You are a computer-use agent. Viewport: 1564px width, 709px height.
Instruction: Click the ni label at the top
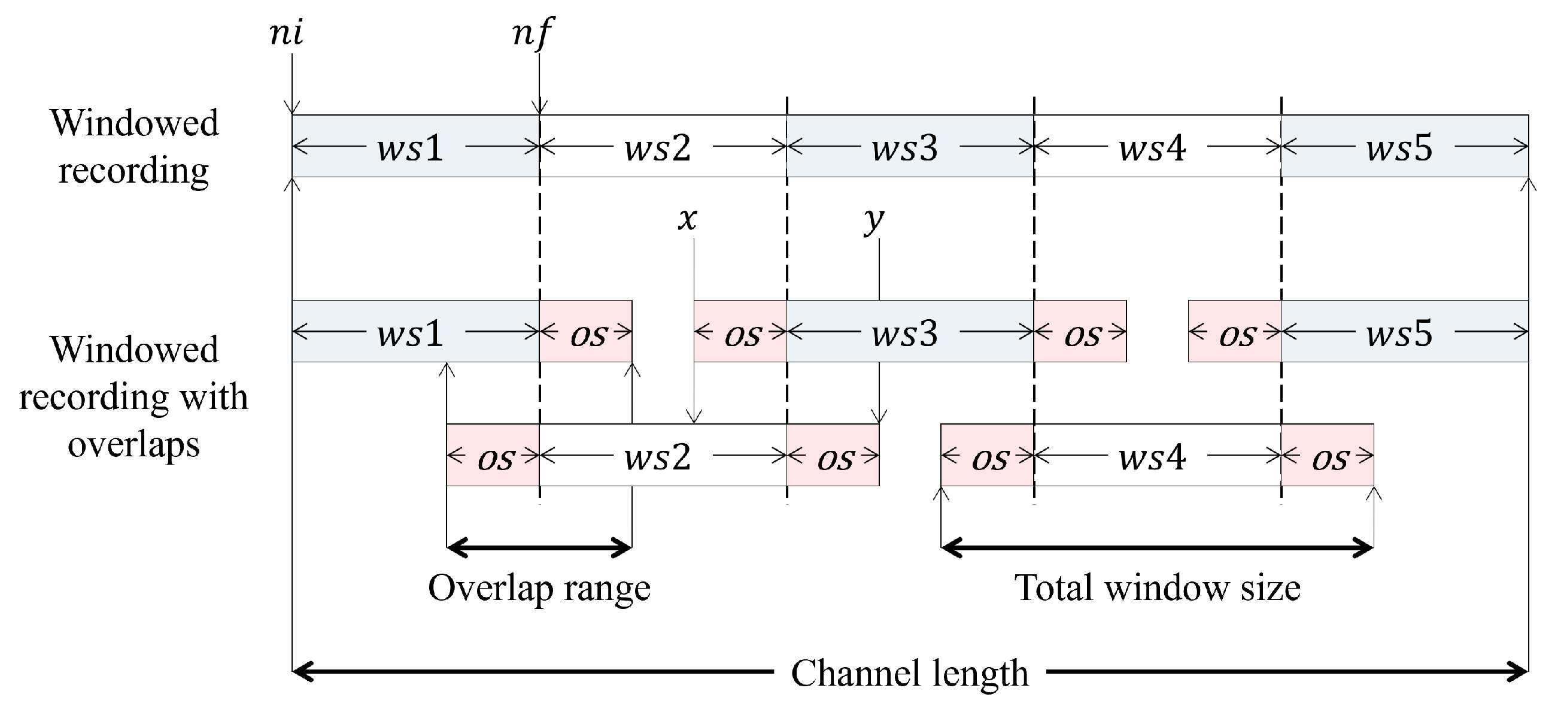pos(286,34)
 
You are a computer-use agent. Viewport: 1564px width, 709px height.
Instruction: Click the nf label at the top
pos(533,34)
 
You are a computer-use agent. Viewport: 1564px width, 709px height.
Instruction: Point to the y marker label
pos(874,220)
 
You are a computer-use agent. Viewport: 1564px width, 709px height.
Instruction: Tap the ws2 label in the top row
pos(658,148)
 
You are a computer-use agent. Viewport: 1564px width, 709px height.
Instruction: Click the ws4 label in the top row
pos(1152,148)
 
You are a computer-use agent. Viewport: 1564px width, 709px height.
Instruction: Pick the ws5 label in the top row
pos(1399,148)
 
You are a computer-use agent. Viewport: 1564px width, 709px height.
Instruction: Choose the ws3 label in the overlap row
pos(904,333)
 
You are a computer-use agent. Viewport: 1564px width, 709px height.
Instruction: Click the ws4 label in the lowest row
pos(1152,457)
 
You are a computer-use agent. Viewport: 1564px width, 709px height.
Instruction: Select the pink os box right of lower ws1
pos(586,332)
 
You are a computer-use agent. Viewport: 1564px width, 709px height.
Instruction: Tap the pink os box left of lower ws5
pos(1234,332)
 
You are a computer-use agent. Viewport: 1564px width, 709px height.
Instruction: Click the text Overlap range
pos(539,589)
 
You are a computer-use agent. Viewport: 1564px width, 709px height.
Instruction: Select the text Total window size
pos(1157,589)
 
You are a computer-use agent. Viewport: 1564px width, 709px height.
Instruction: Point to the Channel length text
pos(910,674)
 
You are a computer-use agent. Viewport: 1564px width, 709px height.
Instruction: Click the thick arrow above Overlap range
pos(539,547)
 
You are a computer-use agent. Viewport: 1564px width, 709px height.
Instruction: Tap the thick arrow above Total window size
pos(1157,547)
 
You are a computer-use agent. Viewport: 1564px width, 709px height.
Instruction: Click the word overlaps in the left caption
pos(133,446)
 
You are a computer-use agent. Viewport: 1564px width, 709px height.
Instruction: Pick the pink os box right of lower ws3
pos(1080,332)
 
